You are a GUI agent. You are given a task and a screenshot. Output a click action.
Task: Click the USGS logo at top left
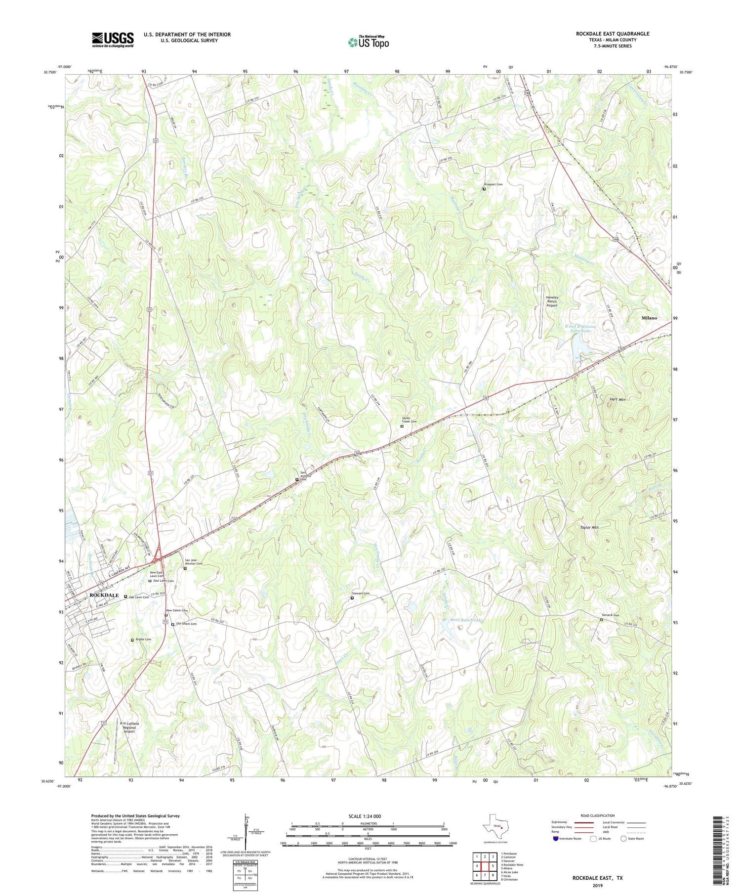[x=113, y=40]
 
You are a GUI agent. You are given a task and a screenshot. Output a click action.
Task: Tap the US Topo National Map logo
[x=368, y=42]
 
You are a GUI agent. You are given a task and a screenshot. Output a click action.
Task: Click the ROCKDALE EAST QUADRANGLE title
[x=612, y=34]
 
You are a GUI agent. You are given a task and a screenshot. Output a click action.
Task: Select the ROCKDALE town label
[x=104, y=595]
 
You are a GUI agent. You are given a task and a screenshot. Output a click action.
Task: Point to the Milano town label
[x=649, y=318]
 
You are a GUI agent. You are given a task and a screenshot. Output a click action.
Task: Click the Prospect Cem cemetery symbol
[x=484, y=189]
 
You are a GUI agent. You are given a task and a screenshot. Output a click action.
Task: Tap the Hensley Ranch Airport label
[x=551, y=301]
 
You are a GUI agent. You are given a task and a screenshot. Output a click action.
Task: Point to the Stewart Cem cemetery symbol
[x=352, y=598]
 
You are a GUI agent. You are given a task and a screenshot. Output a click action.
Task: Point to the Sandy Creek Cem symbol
[x=402, y=426]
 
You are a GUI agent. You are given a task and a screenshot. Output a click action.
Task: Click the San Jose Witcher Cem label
[x=194, y=561]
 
